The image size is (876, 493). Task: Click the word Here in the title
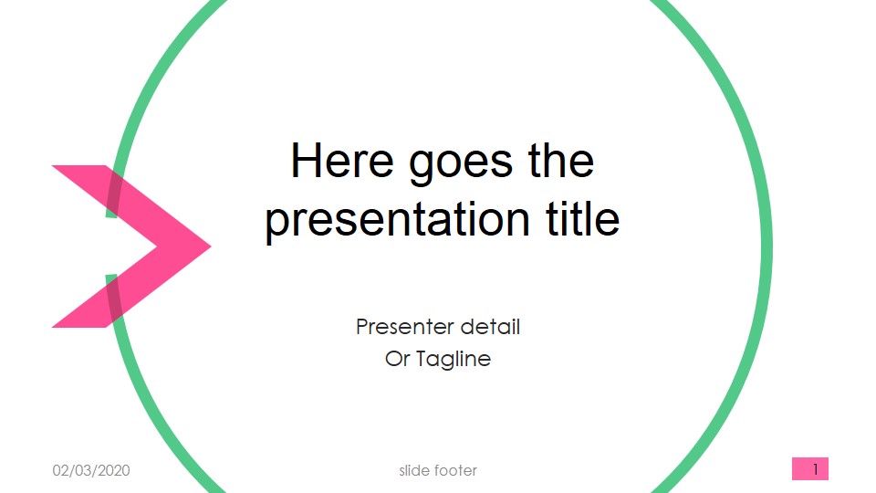point(342,163)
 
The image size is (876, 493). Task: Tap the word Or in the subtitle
point(397,359)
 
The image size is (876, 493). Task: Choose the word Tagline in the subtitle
point(454,360)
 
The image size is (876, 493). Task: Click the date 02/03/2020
point(91,471)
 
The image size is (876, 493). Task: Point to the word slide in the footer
point(415,471)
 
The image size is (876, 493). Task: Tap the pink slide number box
point(809,469)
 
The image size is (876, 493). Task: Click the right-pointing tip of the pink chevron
point(204,246)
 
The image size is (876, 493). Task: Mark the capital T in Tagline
point(422,359)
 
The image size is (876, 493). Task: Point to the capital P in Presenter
point(362,327)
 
